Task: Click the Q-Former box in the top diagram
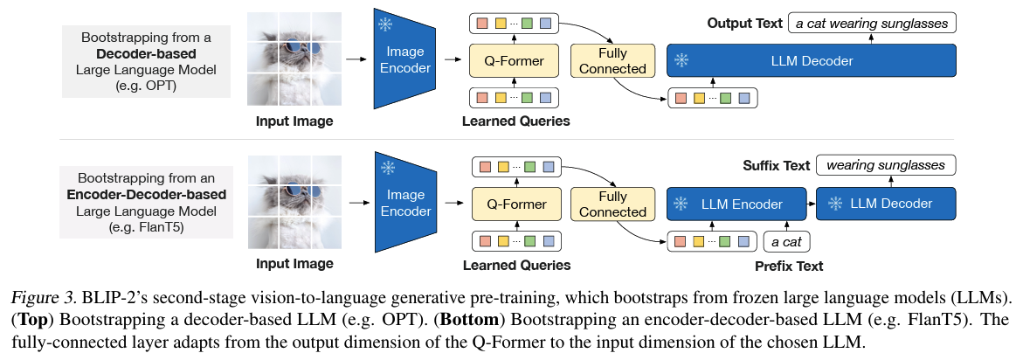[x=515, y=61]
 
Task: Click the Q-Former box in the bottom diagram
[x=515, y=204]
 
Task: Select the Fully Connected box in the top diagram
[x=612, y=61]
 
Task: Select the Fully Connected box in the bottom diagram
[x=612, y=204]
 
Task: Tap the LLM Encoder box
[x=736, y=204]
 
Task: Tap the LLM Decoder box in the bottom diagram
[x=886, y=204]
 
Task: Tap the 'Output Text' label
[x=745, y=23]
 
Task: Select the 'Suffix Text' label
[x=777, y=165]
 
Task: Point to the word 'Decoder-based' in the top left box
[x=146, y=54]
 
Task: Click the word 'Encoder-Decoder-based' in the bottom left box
[x=146, y=194]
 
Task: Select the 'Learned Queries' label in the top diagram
[x=515, y=121]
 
